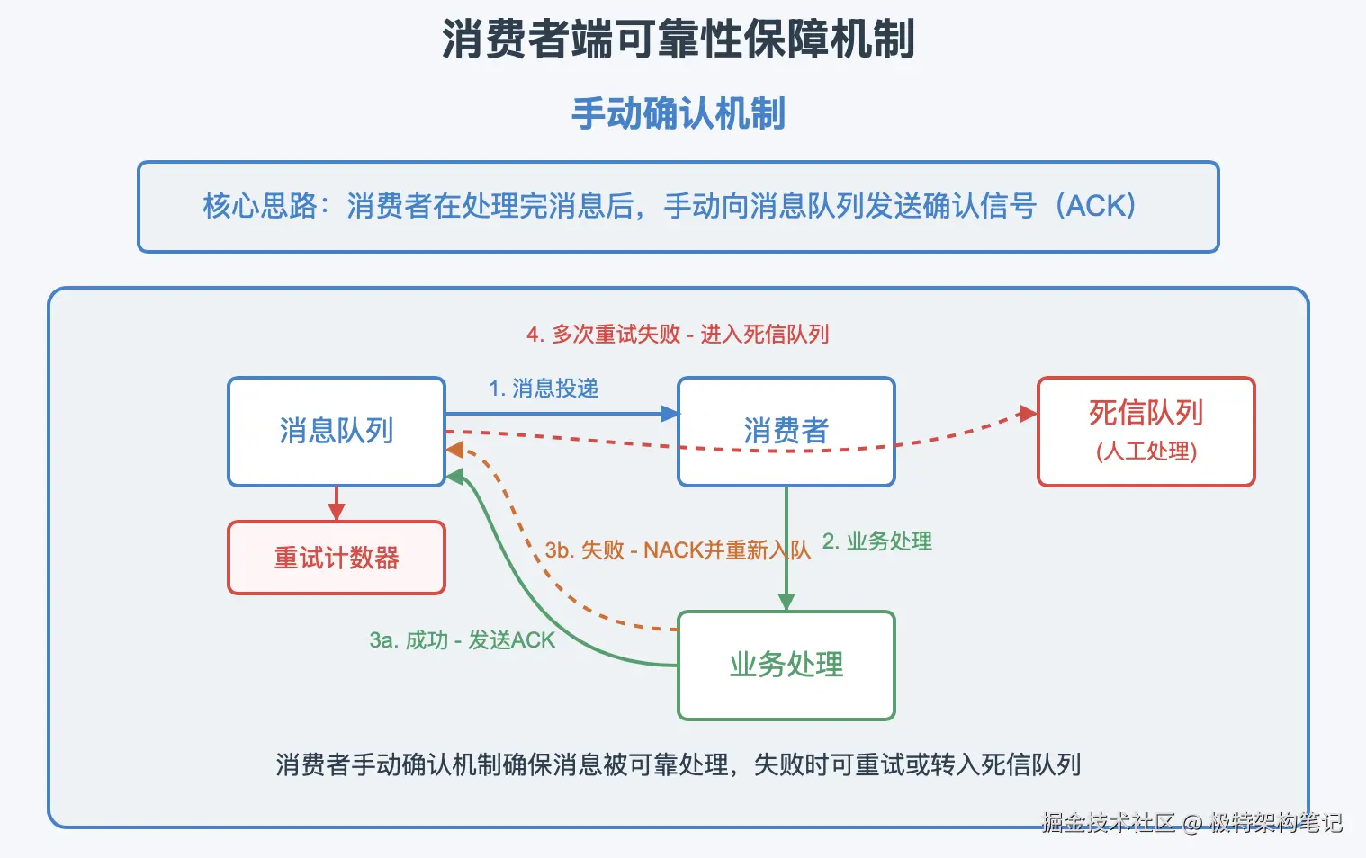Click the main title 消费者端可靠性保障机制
(678, 40)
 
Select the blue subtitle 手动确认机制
(678, 114)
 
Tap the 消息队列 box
(336, 431)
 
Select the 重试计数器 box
(336, 558)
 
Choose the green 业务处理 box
(786, 665)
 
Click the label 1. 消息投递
(544, 389)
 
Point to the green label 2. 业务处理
(877, 541)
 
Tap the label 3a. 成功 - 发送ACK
(463, 640)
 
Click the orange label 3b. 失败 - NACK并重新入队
(678, 550)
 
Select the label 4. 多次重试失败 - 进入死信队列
(678, 335)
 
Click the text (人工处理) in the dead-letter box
(1146, 451)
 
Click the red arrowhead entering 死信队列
(1028, 414)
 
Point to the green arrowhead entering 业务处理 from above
(786, 602)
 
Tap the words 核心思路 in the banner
(259, 206)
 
